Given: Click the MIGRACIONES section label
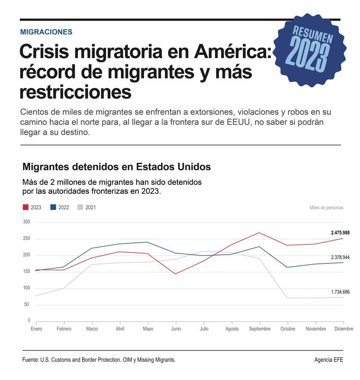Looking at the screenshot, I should [x=46, y=32].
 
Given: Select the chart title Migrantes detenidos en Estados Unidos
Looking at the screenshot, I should [x=116, y=166].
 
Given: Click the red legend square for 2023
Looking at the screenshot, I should [x=26, y=207].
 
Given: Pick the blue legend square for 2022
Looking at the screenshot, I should [x=54, y=207].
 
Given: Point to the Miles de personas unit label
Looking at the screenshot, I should [x=326, y=208].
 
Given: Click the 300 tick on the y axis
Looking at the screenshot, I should [x=26, y=222].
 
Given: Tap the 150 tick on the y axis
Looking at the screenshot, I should [x=26, y=272].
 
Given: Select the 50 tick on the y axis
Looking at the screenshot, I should [x=27, y=304].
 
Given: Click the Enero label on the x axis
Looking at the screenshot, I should [x=36, y=329].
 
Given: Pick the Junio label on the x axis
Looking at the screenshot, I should [x=176, y=329].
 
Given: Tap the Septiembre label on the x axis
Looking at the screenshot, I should [x=259, y=329].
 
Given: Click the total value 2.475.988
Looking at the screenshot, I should [x=334, y=233].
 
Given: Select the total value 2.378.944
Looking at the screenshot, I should [x=334, y=257].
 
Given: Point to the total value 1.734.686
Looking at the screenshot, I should [x=334, y=292].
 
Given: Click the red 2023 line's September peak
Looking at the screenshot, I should [x=260, y=232].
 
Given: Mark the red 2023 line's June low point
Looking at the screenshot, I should [x=176, y=274].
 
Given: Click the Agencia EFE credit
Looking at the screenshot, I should [x=329, y=360].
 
